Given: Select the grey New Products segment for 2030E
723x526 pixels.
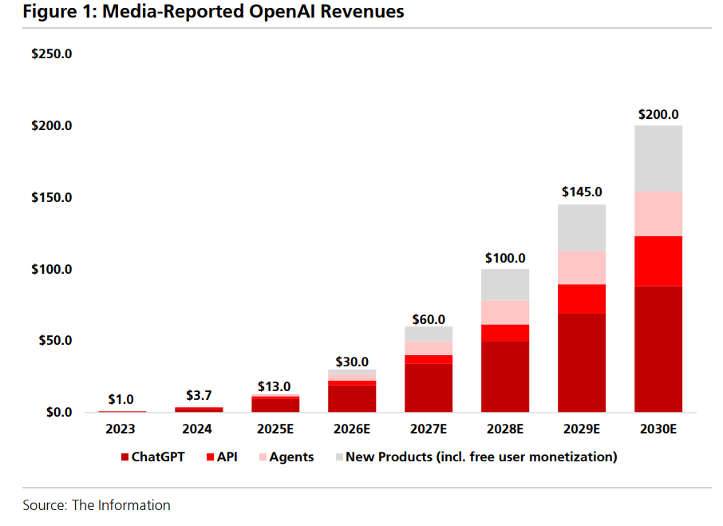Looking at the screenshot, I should pyautogui.click(x=658, y=158).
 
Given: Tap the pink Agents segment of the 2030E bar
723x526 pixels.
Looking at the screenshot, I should pyautogui.click(x=658, y=213).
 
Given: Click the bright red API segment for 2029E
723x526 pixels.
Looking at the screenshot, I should pyautogui.click(x=582, y=299).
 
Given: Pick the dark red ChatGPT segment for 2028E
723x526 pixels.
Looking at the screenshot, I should pyautogui.click(x=505, y=377).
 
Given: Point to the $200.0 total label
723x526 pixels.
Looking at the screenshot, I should pyautogui.click(x=658, y=115).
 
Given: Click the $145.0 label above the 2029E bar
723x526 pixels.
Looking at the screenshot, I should pyautogui.click(x=582, y=192).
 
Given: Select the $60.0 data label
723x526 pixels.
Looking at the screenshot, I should pyautogui.click(x=429, y=319).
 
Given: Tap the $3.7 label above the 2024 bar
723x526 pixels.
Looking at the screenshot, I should pyautogui.click(x=199, y=395).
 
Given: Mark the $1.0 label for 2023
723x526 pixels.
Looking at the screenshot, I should pyautogui.click(x=121, y=399).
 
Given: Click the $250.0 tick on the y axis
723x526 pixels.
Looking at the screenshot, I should pyautogui.click(x=52, y=54).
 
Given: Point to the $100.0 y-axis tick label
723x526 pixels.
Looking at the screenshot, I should pyautogui.click(x=52, y=269).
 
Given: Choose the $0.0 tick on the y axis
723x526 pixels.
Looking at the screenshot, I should pyautogui.click(x=56, y=413).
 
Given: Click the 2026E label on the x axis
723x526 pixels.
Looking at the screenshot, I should pyautogui.click(x=352, y=429).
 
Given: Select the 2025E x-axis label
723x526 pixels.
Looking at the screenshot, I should pyautogui.click(x=275, y=429).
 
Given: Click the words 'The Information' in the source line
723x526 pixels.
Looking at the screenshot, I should pyautogui.click(x=121, y=505).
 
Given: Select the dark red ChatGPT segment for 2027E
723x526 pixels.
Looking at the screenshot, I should pyautogui.click(x=429, y=388).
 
